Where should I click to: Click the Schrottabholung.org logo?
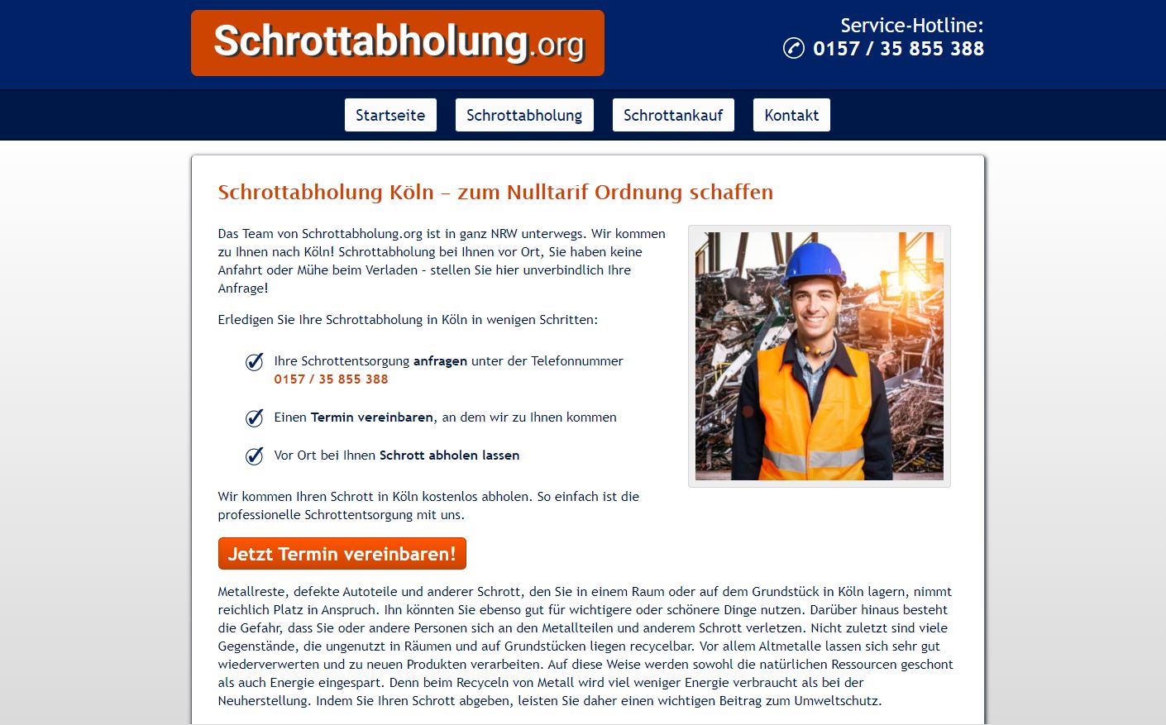click(x=398, y=43)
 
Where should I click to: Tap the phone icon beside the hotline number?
click(x=793, y=48)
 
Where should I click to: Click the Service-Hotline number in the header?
click(x=898, y=49)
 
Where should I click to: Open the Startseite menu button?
click(x=390, y=115)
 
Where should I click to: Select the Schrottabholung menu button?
click(x=524, y=115)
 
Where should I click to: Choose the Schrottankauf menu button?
click(x=673, y=115)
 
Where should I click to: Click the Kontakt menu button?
click(x=791, y=115)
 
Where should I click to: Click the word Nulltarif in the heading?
click(x=547, y=192)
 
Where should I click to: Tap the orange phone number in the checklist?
click(x=331, y=379)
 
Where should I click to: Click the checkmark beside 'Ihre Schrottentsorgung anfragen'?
click(x=255, y=362)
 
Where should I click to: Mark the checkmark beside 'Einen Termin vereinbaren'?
click(x=255, y=417)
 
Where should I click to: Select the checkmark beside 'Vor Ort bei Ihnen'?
click(x=255, y=456)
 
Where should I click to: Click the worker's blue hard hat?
click(x=814, y=262)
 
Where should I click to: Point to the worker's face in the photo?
click(x=815, y=306)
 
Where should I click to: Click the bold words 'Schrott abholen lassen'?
click(x=449, y=456)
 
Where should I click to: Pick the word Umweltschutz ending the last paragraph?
click(x=836, y=701)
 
